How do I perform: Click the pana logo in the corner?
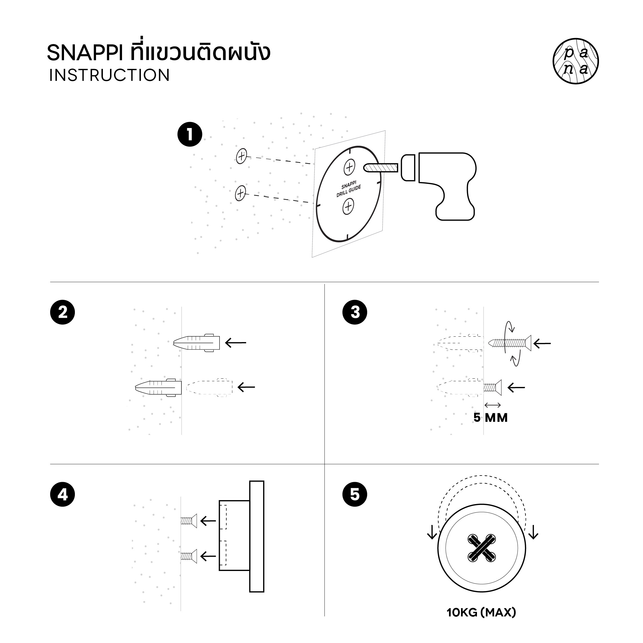[576, 61]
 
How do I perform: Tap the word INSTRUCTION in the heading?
[109, 75]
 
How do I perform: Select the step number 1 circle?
[190, 134]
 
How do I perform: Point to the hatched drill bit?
[381, 167]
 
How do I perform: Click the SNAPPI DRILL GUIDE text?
[348, 189]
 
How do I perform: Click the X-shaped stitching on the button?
[482, 548]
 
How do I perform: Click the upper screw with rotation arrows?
[510, 343]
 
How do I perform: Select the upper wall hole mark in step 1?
[241, 156]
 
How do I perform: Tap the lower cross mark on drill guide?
[348, 207]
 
